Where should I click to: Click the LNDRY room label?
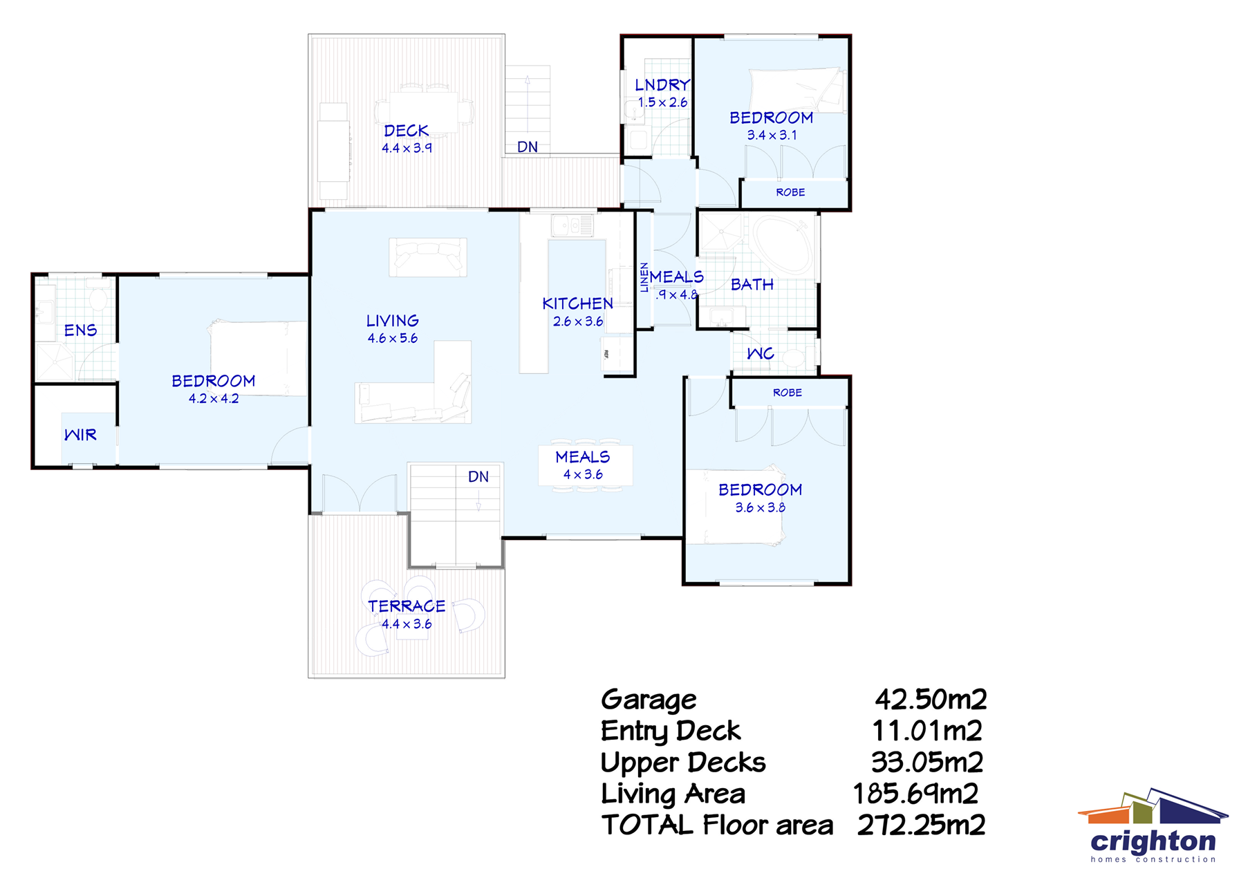[662, 84]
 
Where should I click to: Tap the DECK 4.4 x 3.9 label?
[407, 139]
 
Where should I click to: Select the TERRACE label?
[407, 606]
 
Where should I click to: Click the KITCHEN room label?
[577, 303]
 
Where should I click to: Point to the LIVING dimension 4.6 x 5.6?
[392, 338]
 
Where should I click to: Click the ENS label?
[80, 330]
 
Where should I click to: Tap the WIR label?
[80, 435]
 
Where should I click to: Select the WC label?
[760, 354]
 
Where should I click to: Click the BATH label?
[752, 285]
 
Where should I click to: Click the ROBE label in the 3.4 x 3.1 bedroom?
[790, 192]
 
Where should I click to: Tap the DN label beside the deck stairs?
[528, 147]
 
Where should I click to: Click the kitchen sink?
[572, 225]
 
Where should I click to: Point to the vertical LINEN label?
[644, 277]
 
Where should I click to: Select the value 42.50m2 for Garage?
[931, 700]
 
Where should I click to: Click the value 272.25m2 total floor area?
[921, 825]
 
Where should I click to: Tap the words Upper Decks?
[682, 763]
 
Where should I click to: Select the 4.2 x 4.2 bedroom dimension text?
[213, 399]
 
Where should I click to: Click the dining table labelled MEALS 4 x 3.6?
[585, 466]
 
